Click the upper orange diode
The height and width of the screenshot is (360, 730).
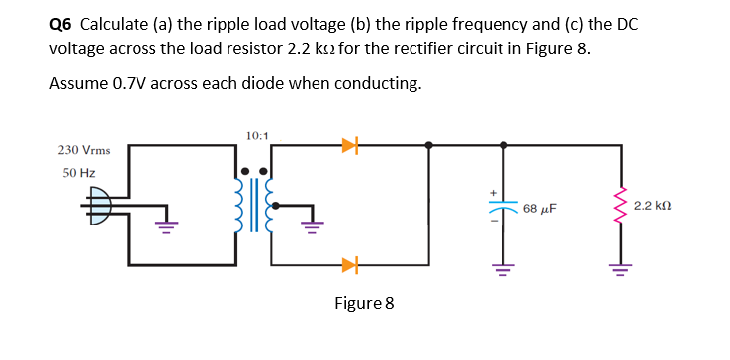tap(348, 146)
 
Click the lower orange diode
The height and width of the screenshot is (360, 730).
tap(348, 264)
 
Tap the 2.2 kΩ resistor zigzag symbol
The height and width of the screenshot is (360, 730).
tap(621, 207)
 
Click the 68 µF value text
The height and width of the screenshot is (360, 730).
tap(540, 210)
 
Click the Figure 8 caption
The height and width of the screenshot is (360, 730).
tap(364, 302)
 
